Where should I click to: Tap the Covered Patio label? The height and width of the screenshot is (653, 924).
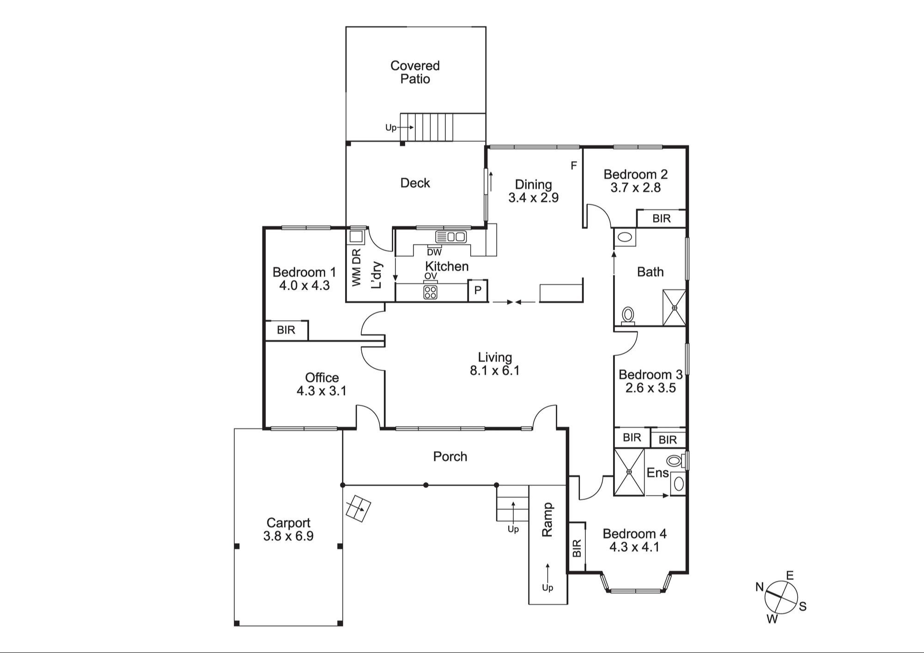click(x=415, y=72)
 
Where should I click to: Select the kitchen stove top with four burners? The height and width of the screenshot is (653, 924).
click(x=431, y=292)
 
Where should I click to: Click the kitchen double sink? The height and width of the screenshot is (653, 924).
click(x=451, y=237)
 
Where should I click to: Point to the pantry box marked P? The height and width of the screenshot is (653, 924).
click(x=478, y=291)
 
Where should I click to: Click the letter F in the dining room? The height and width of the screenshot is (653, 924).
click(x=574, y=165)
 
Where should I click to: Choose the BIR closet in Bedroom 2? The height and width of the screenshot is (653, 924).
click(x=661, y=219)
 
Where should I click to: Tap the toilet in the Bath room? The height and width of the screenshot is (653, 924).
click(x=628, y=316)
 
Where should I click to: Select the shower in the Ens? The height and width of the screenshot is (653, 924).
click(x=629, y=472)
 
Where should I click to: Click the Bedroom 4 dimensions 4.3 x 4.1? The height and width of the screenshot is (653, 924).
click(x=634, y=547)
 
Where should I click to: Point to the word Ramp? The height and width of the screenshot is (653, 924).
click(x=547, y=519)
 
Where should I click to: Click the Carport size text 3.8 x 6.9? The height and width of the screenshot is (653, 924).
click(x=288, y=536)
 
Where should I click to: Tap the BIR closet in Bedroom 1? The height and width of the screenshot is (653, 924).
click(x=286, y=330)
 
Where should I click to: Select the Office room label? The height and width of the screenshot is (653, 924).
click(x=322, y=378)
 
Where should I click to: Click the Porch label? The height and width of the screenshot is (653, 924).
click(x=450, y=457)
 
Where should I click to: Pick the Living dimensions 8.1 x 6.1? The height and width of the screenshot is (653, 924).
click(x=495, y=371)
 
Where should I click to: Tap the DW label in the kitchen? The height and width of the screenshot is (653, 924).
click(x=434, y=252)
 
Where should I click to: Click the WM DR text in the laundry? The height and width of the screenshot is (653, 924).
click(x=356, y=268)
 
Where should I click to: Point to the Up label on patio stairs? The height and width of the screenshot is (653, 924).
click(x=391, y=128)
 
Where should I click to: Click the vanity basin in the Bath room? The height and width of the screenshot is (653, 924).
click(x=625, y=238)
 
